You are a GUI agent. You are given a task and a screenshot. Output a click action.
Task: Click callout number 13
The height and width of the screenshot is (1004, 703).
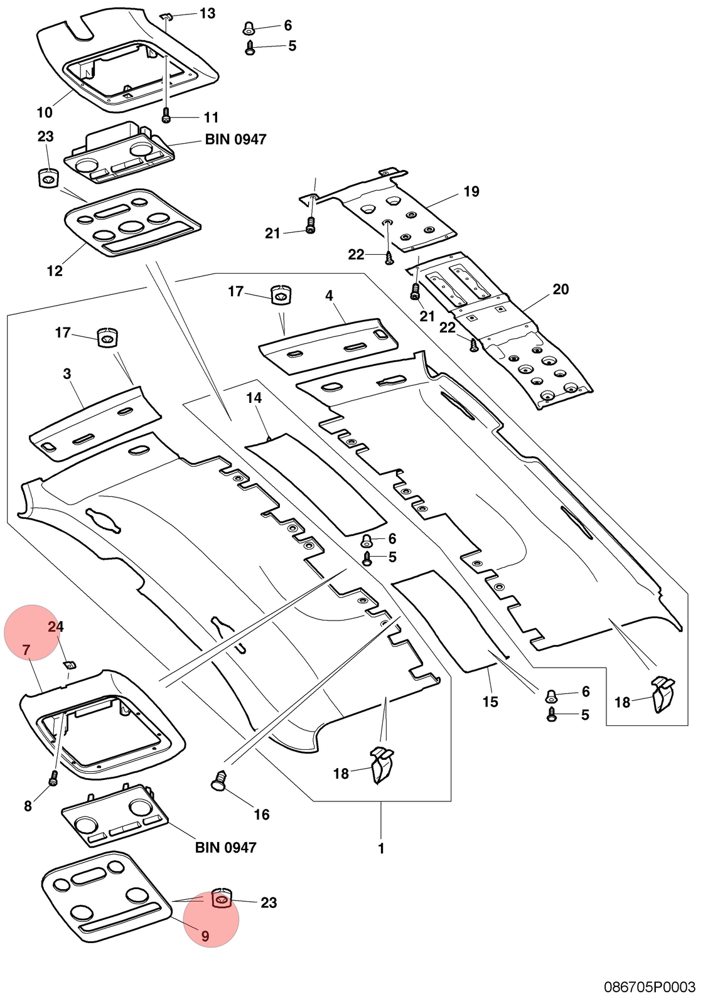(x=207, y=13)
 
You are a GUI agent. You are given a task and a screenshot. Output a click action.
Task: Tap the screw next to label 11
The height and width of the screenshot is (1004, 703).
(x=166, y=115)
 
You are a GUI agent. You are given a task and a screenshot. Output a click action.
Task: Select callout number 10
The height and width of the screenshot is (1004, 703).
(x=45, y=112)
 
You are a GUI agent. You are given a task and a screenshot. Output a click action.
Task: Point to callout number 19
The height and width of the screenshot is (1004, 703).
(x=471, y=191)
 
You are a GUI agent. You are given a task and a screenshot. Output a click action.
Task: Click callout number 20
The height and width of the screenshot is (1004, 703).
(x=561, y=289)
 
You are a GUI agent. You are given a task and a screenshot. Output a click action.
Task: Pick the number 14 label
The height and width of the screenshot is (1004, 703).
(x=254, y=398)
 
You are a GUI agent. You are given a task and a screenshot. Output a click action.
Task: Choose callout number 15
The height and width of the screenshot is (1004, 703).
(x=490, y=702)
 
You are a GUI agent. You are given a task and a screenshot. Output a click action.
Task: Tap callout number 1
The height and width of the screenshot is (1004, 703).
(x=381, y=848)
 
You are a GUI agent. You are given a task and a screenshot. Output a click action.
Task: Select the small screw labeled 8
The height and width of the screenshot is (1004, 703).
(x=53, y=779)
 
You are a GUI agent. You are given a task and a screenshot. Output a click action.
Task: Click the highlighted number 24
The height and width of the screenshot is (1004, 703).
(x=56, y=627)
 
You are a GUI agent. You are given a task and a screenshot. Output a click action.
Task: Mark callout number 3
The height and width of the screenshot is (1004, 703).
(x=67, y=373)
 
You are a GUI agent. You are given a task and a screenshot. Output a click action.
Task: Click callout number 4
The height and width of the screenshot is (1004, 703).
(x=330, y=296)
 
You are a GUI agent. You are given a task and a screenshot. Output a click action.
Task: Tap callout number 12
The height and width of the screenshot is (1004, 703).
(x=55, y=270)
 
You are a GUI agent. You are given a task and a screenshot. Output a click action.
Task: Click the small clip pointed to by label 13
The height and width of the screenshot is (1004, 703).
(x=166, y=16)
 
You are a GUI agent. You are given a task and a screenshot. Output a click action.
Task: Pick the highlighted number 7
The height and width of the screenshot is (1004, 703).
(x=26, y=650)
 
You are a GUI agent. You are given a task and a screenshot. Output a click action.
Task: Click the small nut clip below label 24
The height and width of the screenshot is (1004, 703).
(x=70, y=664)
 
